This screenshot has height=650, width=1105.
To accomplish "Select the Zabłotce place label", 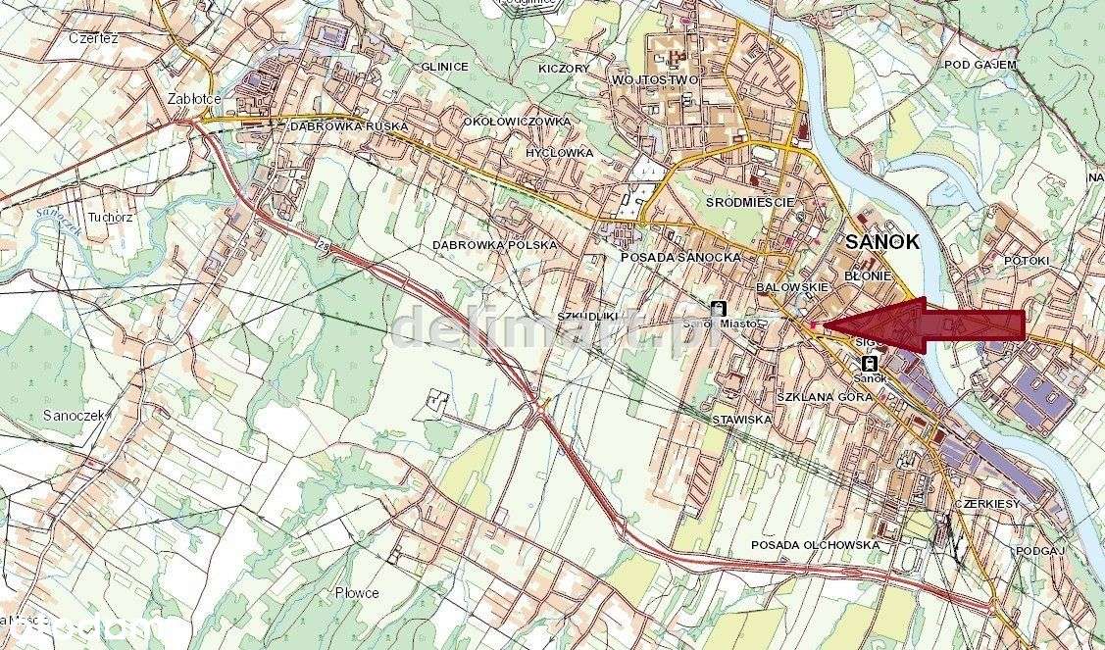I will point(194,99).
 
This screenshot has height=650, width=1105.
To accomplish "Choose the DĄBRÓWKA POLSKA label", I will point(494,244).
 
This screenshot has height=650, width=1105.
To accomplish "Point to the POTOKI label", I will point(1027,261).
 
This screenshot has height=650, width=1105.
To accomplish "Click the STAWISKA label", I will point(744,419).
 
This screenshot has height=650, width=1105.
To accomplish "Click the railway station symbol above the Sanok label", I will point(870,362).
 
